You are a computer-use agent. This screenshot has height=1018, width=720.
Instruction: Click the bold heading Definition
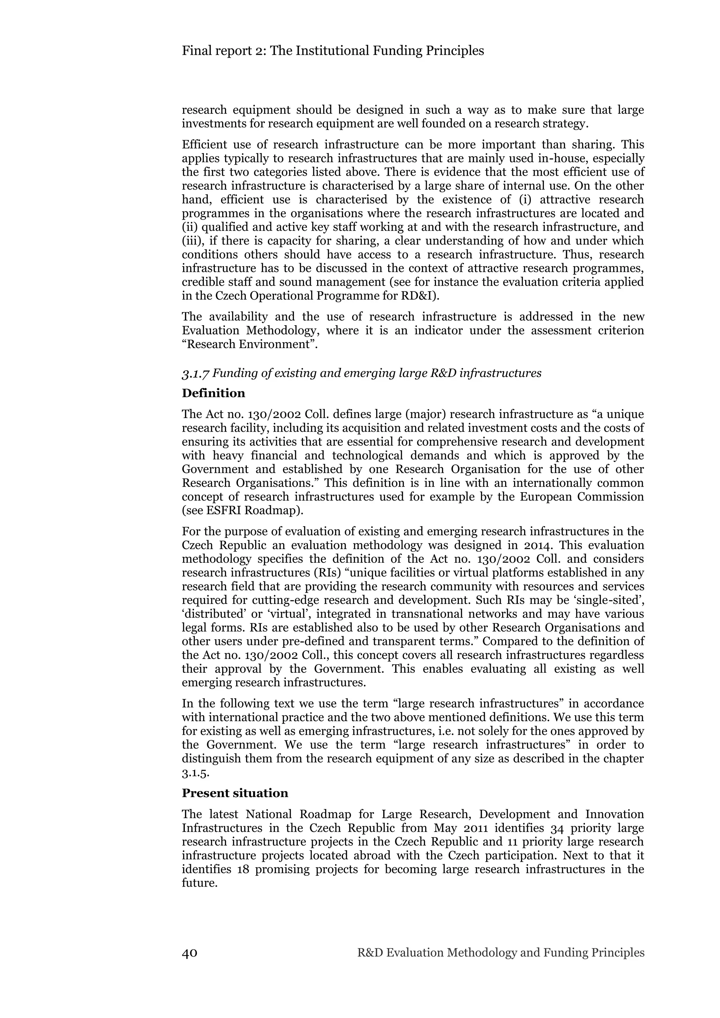click(213, 393)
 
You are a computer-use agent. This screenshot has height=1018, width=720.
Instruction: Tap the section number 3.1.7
click(195, 373)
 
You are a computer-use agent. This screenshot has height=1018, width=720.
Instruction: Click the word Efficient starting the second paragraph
click(204, 145)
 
